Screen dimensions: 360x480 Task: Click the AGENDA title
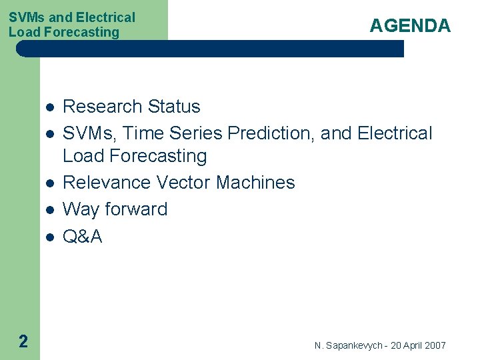(x=410, y=26)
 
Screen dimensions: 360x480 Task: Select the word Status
(x=174, y=107)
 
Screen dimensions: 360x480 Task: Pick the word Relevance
(x=107, y=183)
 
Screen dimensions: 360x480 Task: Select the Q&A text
(x=82, y=236)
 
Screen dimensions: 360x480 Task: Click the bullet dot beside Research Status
(x=49, y=108)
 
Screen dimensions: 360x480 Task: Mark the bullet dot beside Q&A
(x=49, y=237)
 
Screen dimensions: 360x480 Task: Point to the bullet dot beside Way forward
(x=49, y=211)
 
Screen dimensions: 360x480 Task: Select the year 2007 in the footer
(x=435, y=345)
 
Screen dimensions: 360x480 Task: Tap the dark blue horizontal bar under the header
(x=210, y=49)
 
